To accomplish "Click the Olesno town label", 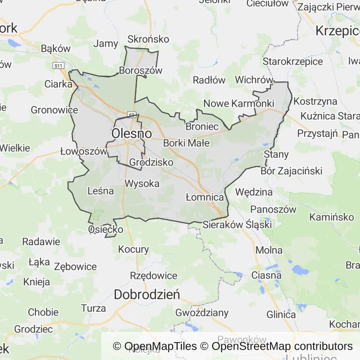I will point(132,134).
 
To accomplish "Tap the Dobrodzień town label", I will point(147,295).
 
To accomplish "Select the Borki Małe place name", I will point(186,143).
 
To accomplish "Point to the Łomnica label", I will point(204,197).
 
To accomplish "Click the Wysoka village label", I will point(142,183).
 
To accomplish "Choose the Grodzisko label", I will point(151,162).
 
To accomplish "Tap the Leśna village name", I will point(101,191).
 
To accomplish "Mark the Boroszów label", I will point(141,71).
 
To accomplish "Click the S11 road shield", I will point(58,66).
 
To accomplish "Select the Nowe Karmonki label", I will point(239,103).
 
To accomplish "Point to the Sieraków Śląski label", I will point(237,225).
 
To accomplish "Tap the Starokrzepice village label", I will point(292,61).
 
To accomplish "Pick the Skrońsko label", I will point(148,40).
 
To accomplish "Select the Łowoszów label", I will point(77,151).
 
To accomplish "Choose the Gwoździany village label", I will point(202,312).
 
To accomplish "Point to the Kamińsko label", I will point(331,217).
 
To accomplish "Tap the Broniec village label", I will point(202,127).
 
